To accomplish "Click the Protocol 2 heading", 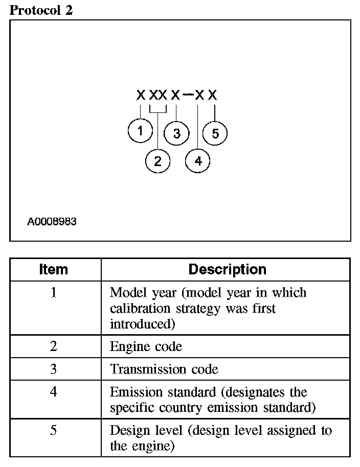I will click(x=41, y=10).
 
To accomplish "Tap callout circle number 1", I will click(x=140, y=131).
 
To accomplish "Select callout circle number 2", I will click(x=157, y=161).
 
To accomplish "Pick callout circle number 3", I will click(x=176, y=134).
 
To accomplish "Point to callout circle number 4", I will click(x=198, y=161).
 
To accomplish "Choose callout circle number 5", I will click(x=215, y=134).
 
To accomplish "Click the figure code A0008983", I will click(x=52, y=222).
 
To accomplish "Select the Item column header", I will click(x=54, y=269).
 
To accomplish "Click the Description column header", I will click(x=227, y=269).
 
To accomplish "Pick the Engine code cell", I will click(x=146, y=346).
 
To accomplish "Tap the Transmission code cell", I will click(x=164, y=369).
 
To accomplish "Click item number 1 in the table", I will click(x=54, y=293).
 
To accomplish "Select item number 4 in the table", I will click(x=54, y=392).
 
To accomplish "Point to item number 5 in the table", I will click(x=54, y=430).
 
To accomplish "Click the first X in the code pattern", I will click(x=141, y=95).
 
